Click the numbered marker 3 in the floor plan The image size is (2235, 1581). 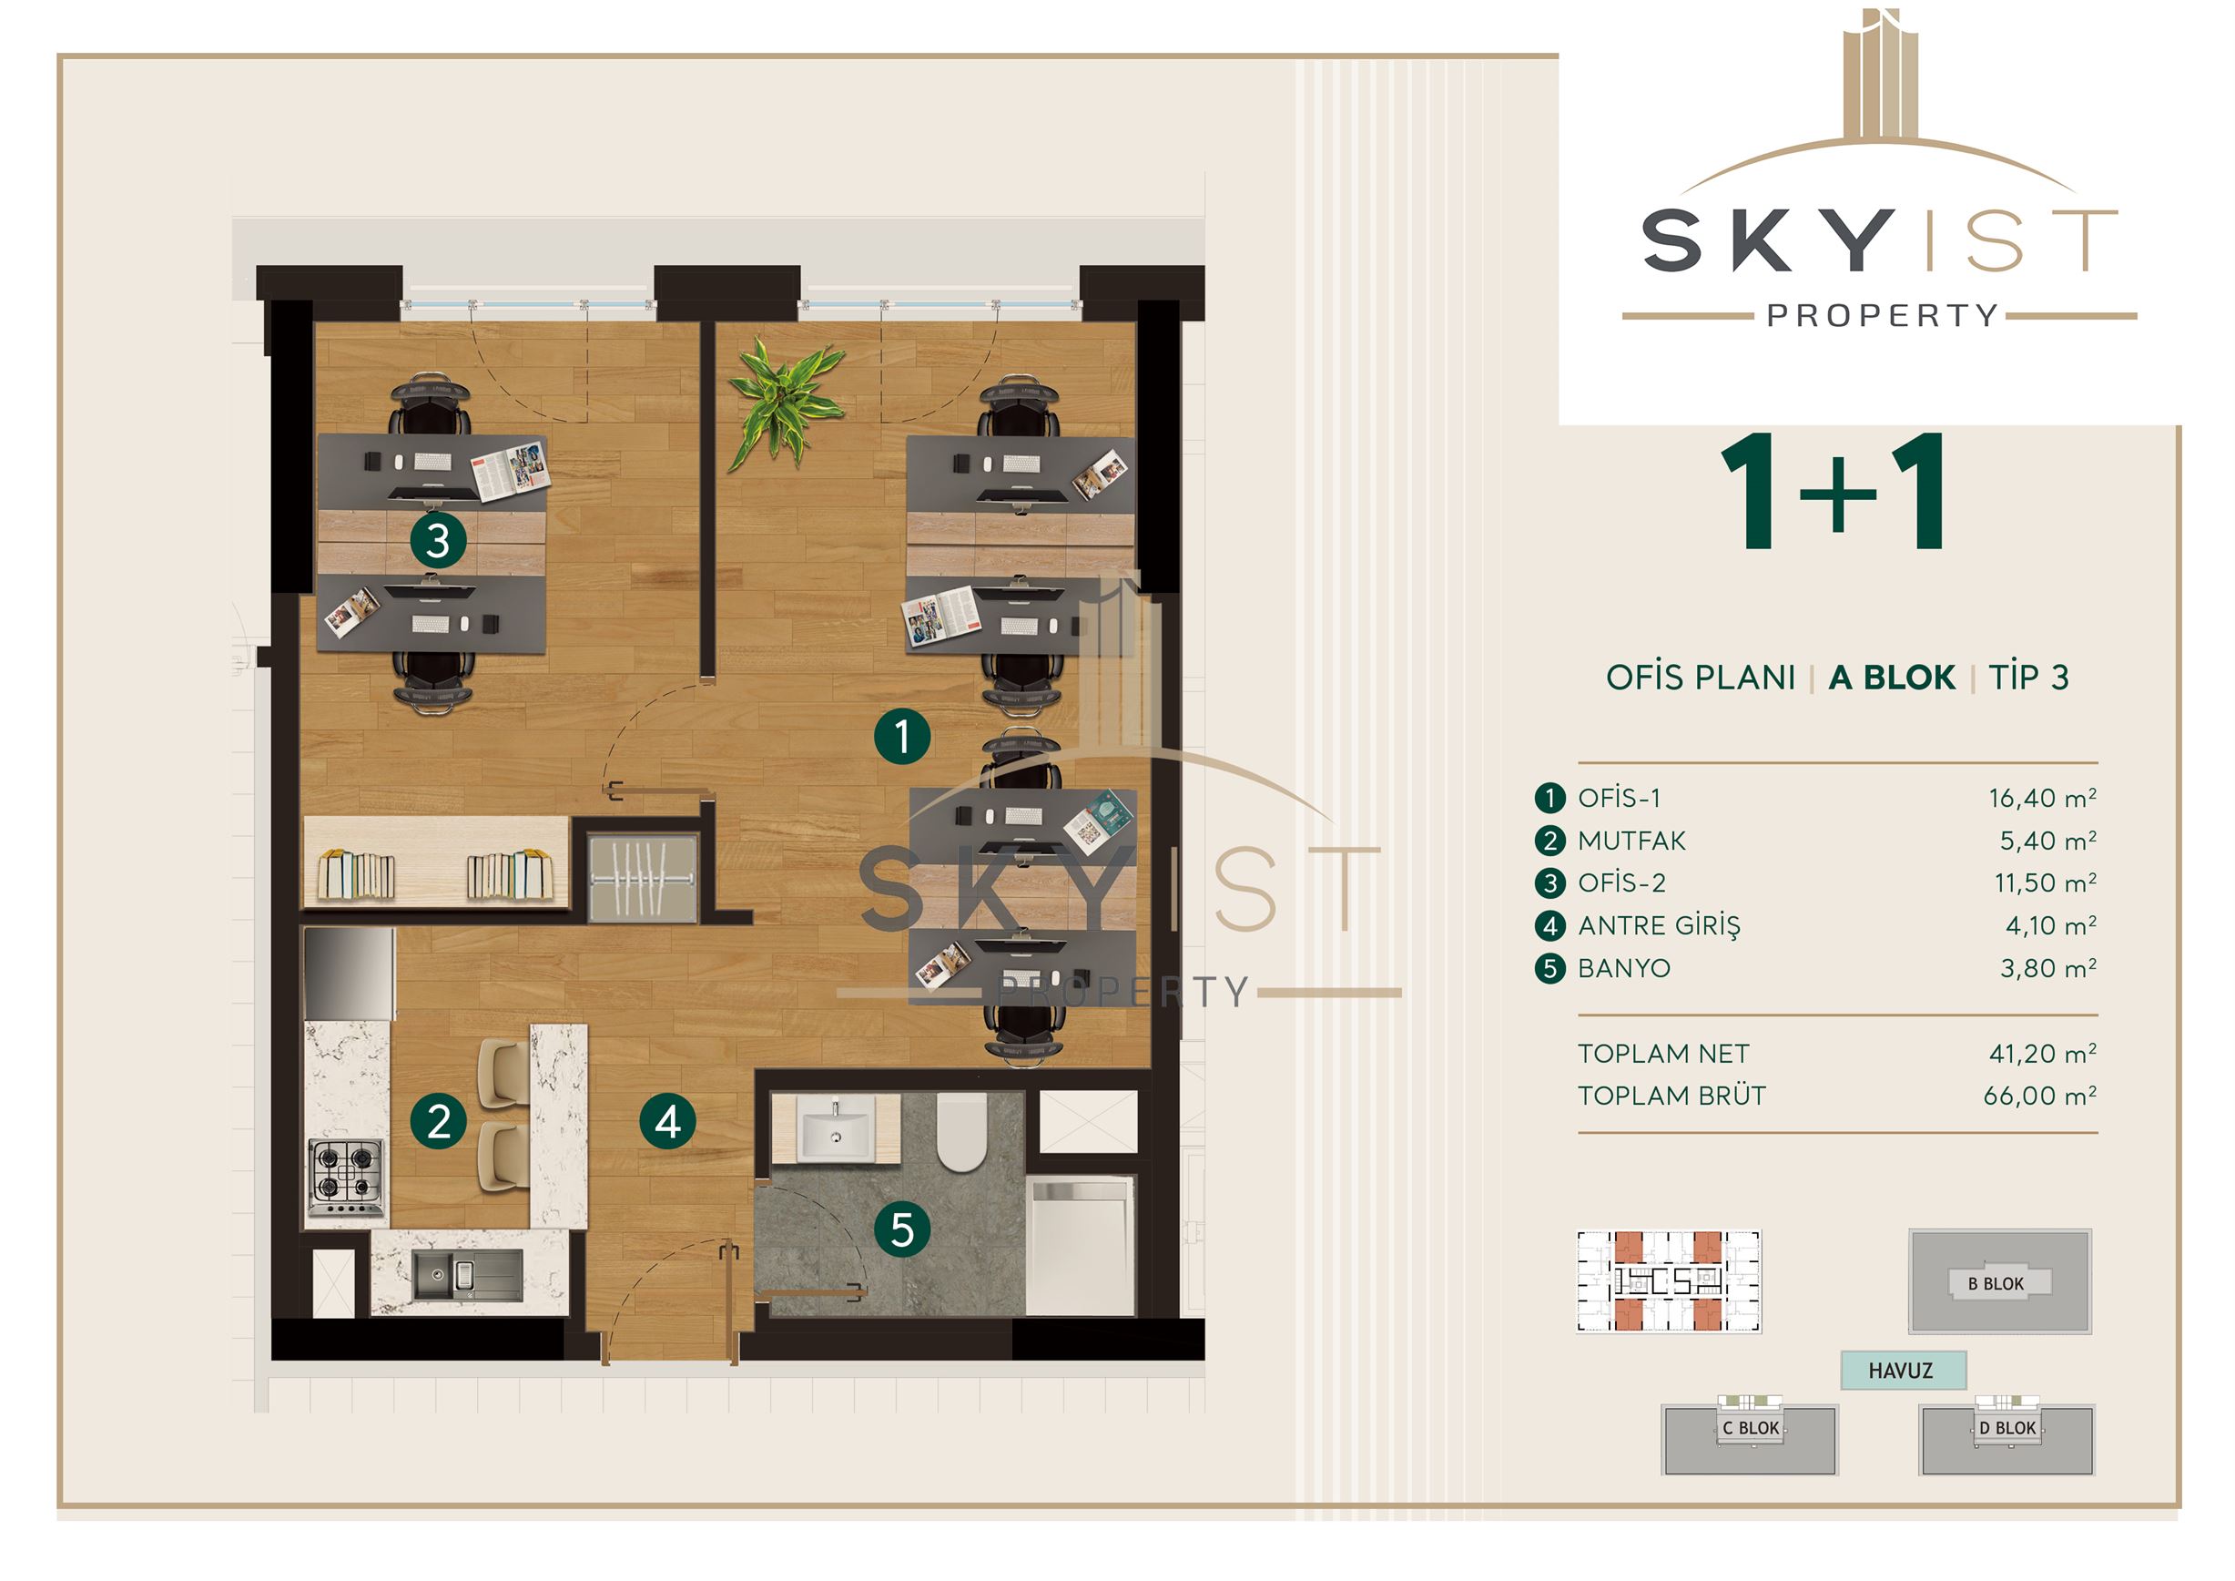(x=438, y=540)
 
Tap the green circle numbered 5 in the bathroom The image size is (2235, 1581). (x=902, y=1229)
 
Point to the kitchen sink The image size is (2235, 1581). (x=467, y=1274)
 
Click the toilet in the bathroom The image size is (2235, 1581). (x=961, y=1131)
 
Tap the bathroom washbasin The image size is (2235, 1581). (x=835, y=1128)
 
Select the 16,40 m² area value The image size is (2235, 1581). (x=2042, y=799)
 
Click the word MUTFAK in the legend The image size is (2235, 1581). (x=1631, y=841)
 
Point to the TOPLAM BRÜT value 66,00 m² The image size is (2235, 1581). (x=2040, y=1096)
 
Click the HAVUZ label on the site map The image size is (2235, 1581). (x=1900, y=1371)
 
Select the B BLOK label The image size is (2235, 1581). (x=1996, y=1284)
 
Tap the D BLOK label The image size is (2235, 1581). (x=2007, y=1428)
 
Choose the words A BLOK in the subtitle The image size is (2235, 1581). (x=1892, y=678)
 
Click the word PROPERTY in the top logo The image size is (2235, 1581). (x=1883, y=315)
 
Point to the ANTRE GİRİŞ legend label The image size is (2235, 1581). (x=1659, y=925)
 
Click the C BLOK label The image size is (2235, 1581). (x=1751, y=1428)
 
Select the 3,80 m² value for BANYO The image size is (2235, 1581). (x=2048, y=969)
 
